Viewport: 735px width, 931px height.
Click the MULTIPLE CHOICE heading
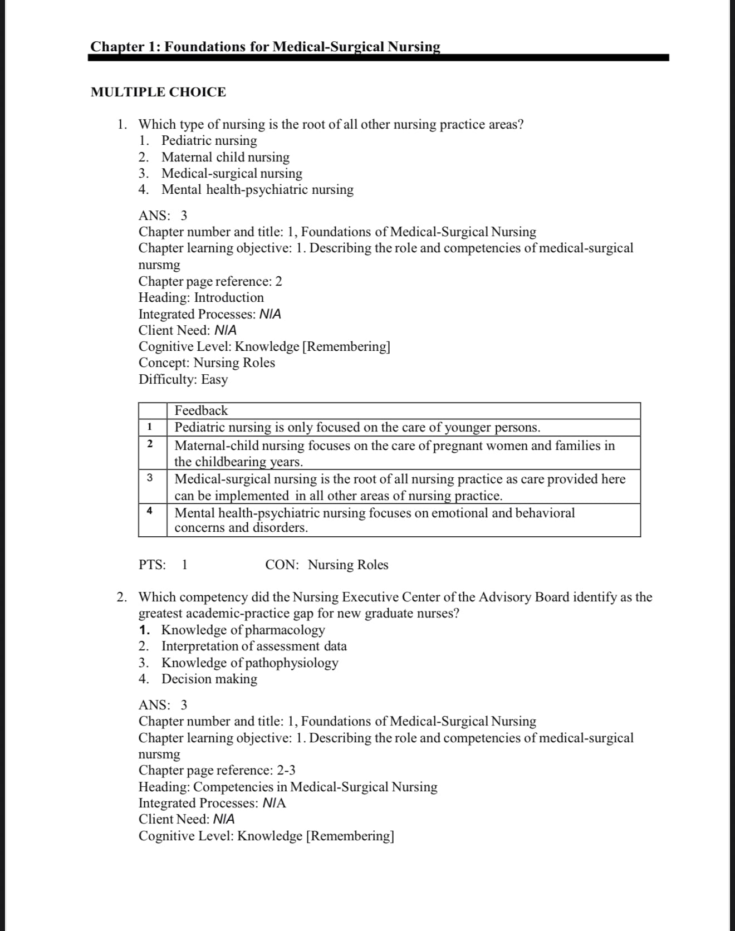[158, 92]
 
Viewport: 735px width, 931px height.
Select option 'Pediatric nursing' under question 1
[209, 141]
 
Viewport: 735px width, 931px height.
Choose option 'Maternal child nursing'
[225, 158]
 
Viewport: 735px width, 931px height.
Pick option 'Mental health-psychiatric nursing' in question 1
[257, 190]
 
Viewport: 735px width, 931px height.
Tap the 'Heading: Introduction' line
[201, 298]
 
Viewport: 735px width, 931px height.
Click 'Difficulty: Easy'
[183, 380]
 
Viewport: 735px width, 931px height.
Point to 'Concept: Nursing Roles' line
[207, 363]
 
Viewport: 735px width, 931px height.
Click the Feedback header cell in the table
[201, 411]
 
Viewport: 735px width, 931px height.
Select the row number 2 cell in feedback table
[150, 444]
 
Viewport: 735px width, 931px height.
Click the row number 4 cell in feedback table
[150, 511]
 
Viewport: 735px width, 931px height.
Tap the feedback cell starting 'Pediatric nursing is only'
[357, 428]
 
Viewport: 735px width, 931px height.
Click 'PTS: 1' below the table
[163, 565]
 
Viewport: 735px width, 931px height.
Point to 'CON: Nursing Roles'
[326, 565]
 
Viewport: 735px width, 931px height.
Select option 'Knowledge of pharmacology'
[243, 630]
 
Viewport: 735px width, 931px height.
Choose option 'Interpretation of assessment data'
[254, 646]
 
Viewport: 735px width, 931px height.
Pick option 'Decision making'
[209, 679]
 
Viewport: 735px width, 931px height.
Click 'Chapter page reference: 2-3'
[217, 771]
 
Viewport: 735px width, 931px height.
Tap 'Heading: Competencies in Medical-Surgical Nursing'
[287, 787]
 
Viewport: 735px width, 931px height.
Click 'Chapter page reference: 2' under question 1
[210, 282]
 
